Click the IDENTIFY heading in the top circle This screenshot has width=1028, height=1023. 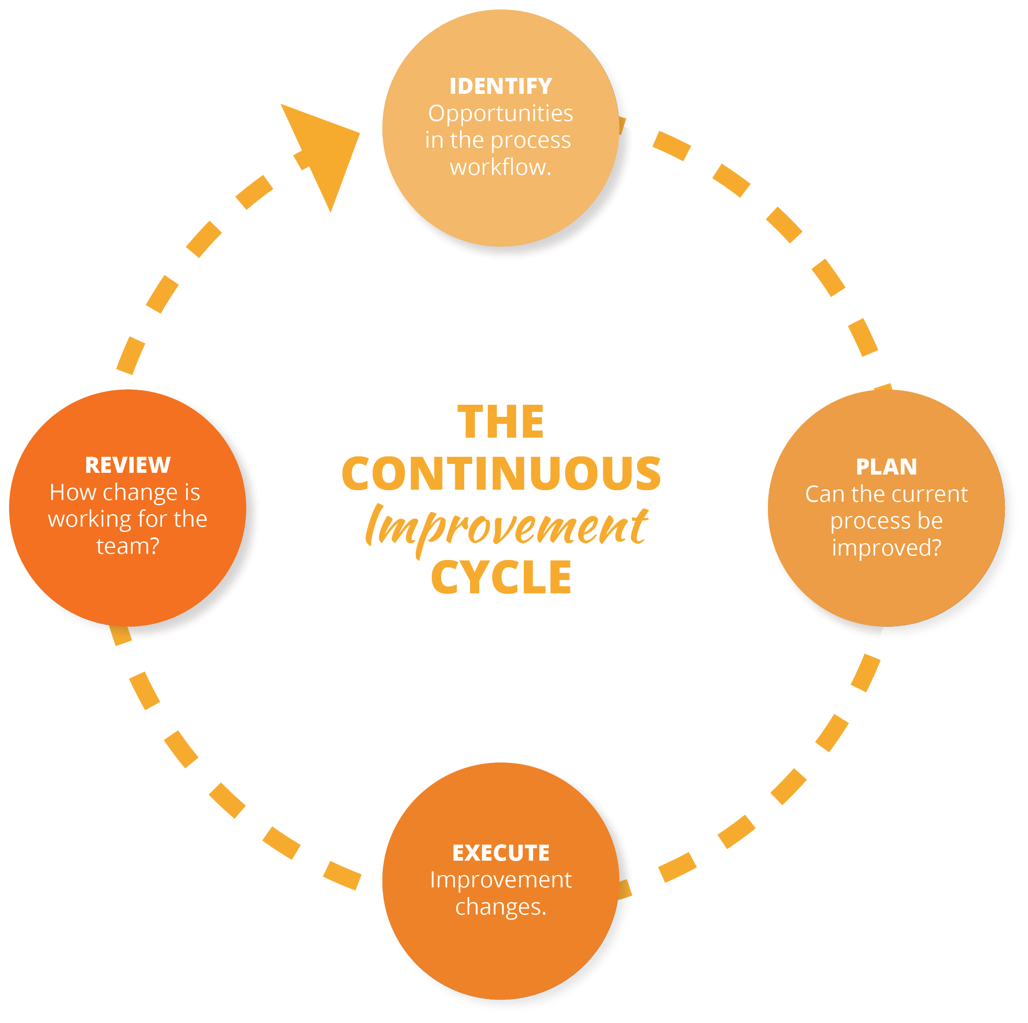[x=501, y=86]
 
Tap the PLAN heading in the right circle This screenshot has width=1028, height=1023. [x=887, y=467]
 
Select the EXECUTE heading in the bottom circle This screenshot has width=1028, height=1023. [x=501, y=853]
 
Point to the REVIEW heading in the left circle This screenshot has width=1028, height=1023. [x=128, y=465]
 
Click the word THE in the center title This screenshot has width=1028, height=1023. [x=501, y=422]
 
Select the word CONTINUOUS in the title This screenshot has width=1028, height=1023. [x=501, y=473]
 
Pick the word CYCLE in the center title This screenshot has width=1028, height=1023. [x=501, y=577]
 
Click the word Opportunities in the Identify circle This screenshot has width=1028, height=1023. [x=501, y=113]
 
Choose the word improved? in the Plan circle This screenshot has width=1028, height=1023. [x=887, y=548]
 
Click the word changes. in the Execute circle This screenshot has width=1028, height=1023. [x=501, y=907]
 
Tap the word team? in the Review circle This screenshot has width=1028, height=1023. [x=128, y=546]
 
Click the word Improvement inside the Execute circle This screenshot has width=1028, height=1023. [x=501, y=880]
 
